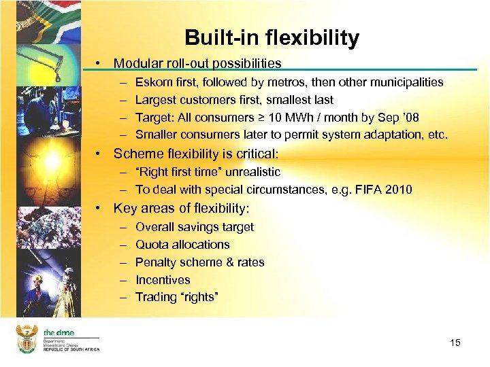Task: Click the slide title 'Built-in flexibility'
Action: (272, 38)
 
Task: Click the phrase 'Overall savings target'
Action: (194, 227)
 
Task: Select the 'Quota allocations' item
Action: (182, 245)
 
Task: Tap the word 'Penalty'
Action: (156, 262)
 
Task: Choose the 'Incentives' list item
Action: (163, 280)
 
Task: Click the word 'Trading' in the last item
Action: (157, 298)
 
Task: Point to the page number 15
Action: (455, 343)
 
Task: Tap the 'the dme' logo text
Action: (59, 332)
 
